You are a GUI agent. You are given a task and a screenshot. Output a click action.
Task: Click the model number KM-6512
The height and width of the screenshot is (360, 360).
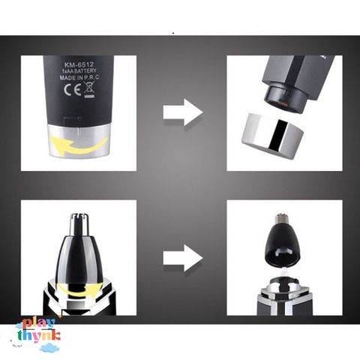pos(79,65)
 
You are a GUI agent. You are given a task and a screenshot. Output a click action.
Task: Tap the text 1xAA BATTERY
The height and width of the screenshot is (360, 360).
pos(79,71)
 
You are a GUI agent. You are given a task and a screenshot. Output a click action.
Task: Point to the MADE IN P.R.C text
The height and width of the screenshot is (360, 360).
pos(79,78)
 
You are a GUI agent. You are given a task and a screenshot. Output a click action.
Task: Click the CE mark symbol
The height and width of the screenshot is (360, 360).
pos(73,90)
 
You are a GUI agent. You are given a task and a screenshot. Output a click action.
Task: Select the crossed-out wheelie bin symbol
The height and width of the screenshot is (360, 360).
pos(89,90)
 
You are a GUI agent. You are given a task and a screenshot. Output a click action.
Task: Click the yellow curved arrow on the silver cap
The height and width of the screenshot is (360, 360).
pos(79,145)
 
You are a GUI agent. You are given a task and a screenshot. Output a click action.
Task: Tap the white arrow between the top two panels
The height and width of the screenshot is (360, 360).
pos(183,112)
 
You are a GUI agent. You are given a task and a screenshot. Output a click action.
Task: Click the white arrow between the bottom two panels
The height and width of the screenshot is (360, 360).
pos(183,258)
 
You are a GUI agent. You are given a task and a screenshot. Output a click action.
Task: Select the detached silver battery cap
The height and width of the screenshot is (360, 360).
pos(272,136)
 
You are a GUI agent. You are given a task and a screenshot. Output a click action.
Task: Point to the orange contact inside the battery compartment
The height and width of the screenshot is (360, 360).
pos(280,103)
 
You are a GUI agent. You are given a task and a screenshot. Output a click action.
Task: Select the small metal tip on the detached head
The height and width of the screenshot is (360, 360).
pos(281,219)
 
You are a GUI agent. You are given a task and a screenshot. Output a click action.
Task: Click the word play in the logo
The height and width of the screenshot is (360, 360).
pos(38,324)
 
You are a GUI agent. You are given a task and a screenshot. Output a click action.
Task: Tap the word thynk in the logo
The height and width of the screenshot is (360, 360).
pos(39,336)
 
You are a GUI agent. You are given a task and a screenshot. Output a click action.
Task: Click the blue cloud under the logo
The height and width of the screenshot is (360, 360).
pos(49,347)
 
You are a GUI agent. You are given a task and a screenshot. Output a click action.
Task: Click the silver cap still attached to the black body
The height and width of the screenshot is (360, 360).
pos(79,140)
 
